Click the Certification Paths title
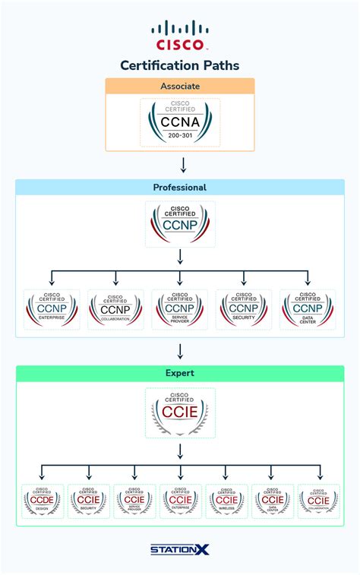coord(180,65)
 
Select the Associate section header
coord(180,86)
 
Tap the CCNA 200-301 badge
coord(180,122)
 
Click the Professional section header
coord(180,187)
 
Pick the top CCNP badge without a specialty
coord(180,223)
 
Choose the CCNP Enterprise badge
coord(52,309)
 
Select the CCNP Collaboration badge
coord(115,309)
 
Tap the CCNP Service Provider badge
coord(180,309)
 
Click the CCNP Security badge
coord(244,309)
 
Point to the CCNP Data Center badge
coord(308,309)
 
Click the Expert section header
coord(180,374)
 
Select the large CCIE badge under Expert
coord(180,412)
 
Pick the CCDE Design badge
coord(43,501)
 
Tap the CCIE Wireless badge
coord(226,501)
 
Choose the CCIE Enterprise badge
coord(180,501)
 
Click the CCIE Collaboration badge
coord(318,501)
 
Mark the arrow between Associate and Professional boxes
coord(183,165)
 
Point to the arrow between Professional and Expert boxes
coord(180,349)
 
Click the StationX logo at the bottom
coord(180,548)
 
